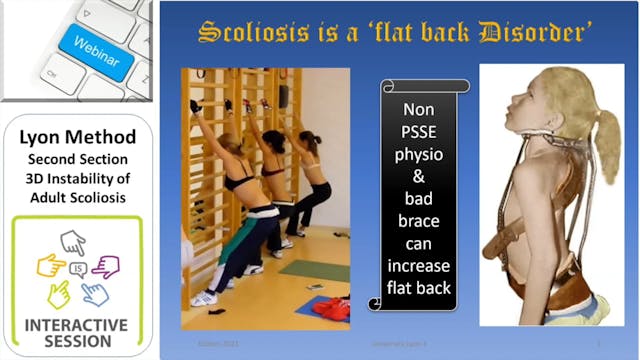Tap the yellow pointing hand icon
pyautogui.click(x=50, y=265)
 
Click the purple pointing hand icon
pyautogui.click(x=106, y=265)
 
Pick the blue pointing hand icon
pyautogui.click(x=94, y=293)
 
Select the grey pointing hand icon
pyautogui.click(x=73, y=241)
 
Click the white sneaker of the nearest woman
pyautogui.click(x=204, y=298)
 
